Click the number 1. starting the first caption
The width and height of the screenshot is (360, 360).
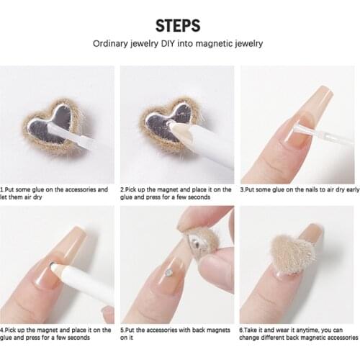[3, 189]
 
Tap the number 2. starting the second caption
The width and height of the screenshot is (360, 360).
[123, 189]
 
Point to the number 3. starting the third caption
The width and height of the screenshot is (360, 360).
[243, 189]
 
